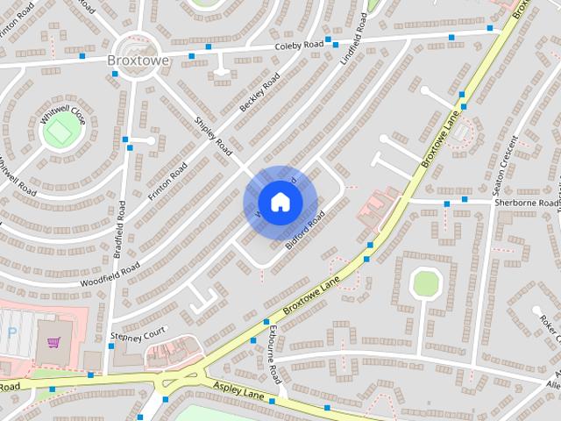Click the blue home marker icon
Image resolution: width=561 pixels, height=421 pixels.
[280, 203]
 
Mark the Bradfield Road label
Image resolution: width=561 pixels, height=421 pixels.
[120, 229]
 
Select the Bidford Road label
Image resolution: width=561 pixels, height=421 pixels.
[305, 230]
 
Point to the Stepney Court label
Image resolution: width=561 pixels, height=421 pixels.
[138, 335]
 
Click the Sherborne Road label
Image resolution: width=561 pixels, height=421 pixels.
[526, 202]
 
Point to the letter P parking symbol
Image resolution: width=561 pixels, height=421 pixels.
[11, 333]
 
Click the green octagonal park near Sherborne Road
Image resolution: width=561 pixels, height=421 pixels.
[426, 283]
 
